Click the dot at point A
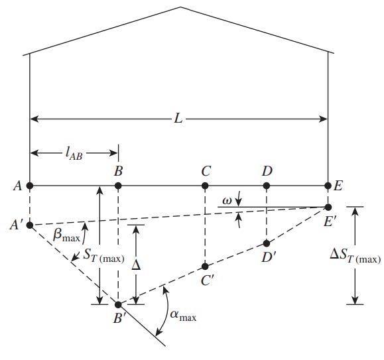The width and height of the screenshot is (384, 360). coord(30,186)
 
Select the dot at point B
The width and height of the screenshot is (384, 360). coord(118,186)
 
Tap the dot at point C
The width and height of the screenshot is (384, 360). coord(205,186)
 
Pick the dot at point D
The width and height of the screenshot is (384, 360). coord(267,186)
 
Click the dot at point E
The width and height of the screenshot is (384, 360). coord(328,186)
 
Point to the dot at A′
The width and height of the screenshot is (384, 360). coord(30,225)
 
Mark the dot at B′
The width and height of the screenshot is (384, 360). coord(118,305)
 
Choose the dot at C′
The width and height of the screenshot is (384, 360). coord(205,267)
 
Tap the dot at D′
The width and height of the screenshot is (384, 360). coord(267,243)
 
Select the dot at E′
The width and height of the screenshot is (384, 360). coord(328,208)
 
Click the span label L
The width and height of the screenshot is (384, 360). coord(178,119)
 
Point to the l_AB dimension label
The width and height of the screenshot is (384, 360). coord(74,154)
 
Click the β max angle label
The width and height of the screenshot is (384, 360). coord(66,235)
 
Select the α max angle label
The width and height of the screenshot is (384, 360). coord(183,316)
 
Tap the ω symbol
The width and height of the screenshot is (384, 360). coord(227,201)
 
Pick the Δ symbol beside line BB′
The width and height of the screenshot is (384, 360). coord(136,265)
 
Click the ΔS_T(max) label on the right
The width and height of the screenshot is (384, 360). coord(355,256)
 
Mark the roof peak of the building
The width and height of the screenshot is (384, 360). coord(181,7)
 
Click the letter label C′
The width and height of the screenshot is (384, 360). coord(208,280)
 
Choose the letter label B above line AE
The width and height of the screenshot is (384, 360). coord(118,171)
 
